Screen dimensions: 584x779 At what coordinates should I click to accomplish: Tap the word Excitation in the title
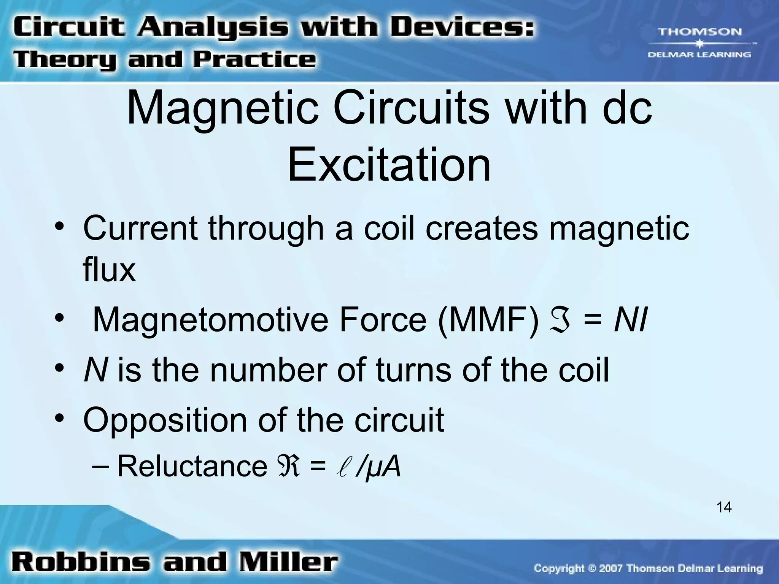tap(389, 166)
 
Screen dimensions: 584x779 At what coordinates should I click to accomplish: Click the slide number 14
tap(724, 507)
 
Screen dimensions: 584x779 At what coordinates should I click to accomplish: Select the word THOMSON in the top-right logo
tap(700, 32)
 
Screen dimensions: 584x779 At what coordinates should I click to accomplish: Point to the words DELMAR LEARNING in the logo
tap(699, 55)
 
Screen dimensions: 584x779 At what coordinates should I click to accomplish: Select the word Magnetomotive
tap(210, 320)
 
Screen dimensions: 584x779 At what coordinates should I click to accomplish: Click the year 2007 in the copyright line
tap(611, 569)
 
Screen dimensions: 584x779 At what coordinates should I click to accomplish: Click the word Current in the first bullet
tap(140, 228)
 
